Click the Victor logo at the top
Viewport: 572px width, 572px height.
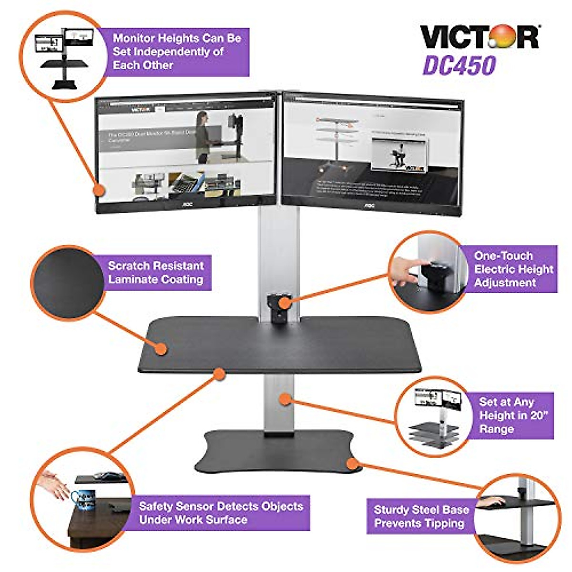point(479,37)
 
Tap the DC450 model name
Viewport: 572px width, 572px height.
point(460,66)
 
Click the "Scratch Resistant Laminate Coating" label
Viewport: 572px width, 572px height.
point(156,273)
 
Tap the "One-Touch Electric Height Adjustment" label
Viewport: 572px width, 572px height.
point(513,269)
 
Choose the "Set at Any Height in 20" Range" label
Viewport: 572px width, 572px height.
point(513,416)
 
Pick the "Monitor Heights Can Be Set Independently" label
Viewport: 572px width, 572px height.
point(177,51)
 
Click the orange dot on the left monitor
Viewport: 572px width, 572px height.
point(99,190)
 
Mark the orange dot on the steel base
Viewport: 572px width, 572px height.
point(351,462)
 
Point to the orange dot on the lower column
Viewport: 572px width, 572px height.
point(285,399)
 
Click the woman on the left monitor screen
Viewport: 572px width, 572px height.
point(203,136)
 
